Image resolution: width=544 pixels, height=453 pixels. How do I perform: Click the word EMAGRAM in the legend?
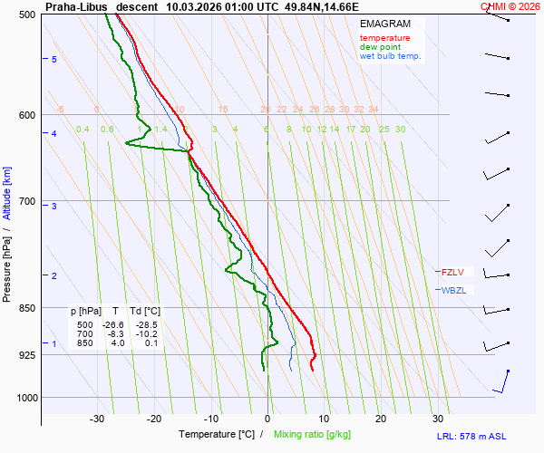[384, 24]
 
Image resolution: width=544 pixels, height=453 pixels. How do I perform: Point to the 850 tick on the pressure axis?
[27, 308]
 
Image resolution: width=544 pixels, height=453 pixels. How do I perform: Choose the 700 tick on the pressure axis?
[27, 200]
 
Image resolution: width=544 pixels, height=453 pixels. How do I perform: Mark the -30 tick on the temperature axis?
[98, 419]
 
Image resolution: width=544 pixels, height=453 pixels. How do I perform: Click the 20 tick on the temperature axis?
[381, 419]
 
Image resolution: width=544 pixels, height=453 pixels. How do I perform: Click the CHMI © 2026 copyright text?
[510, 5]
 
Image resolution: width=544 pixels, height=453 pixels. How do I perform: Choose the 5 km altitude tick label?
[54, 59]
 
